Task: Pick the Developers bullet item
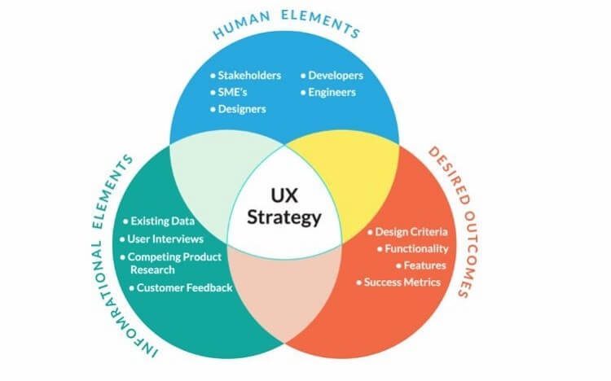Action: click(x=335, y=76)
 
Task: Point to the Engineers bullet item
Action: click(x=331, y=92)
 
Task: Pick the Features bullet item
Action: click(x=422, y=265)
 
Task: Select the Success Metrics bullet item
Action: click(x=402, y=282)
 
